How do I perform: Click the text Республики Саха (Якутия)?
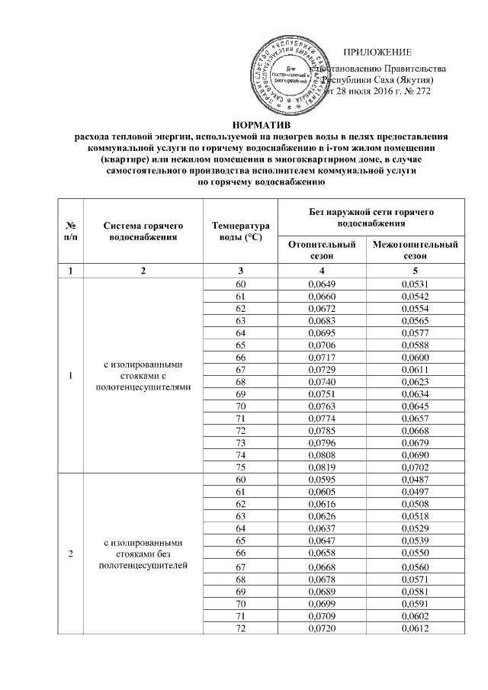click(379, 79)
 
